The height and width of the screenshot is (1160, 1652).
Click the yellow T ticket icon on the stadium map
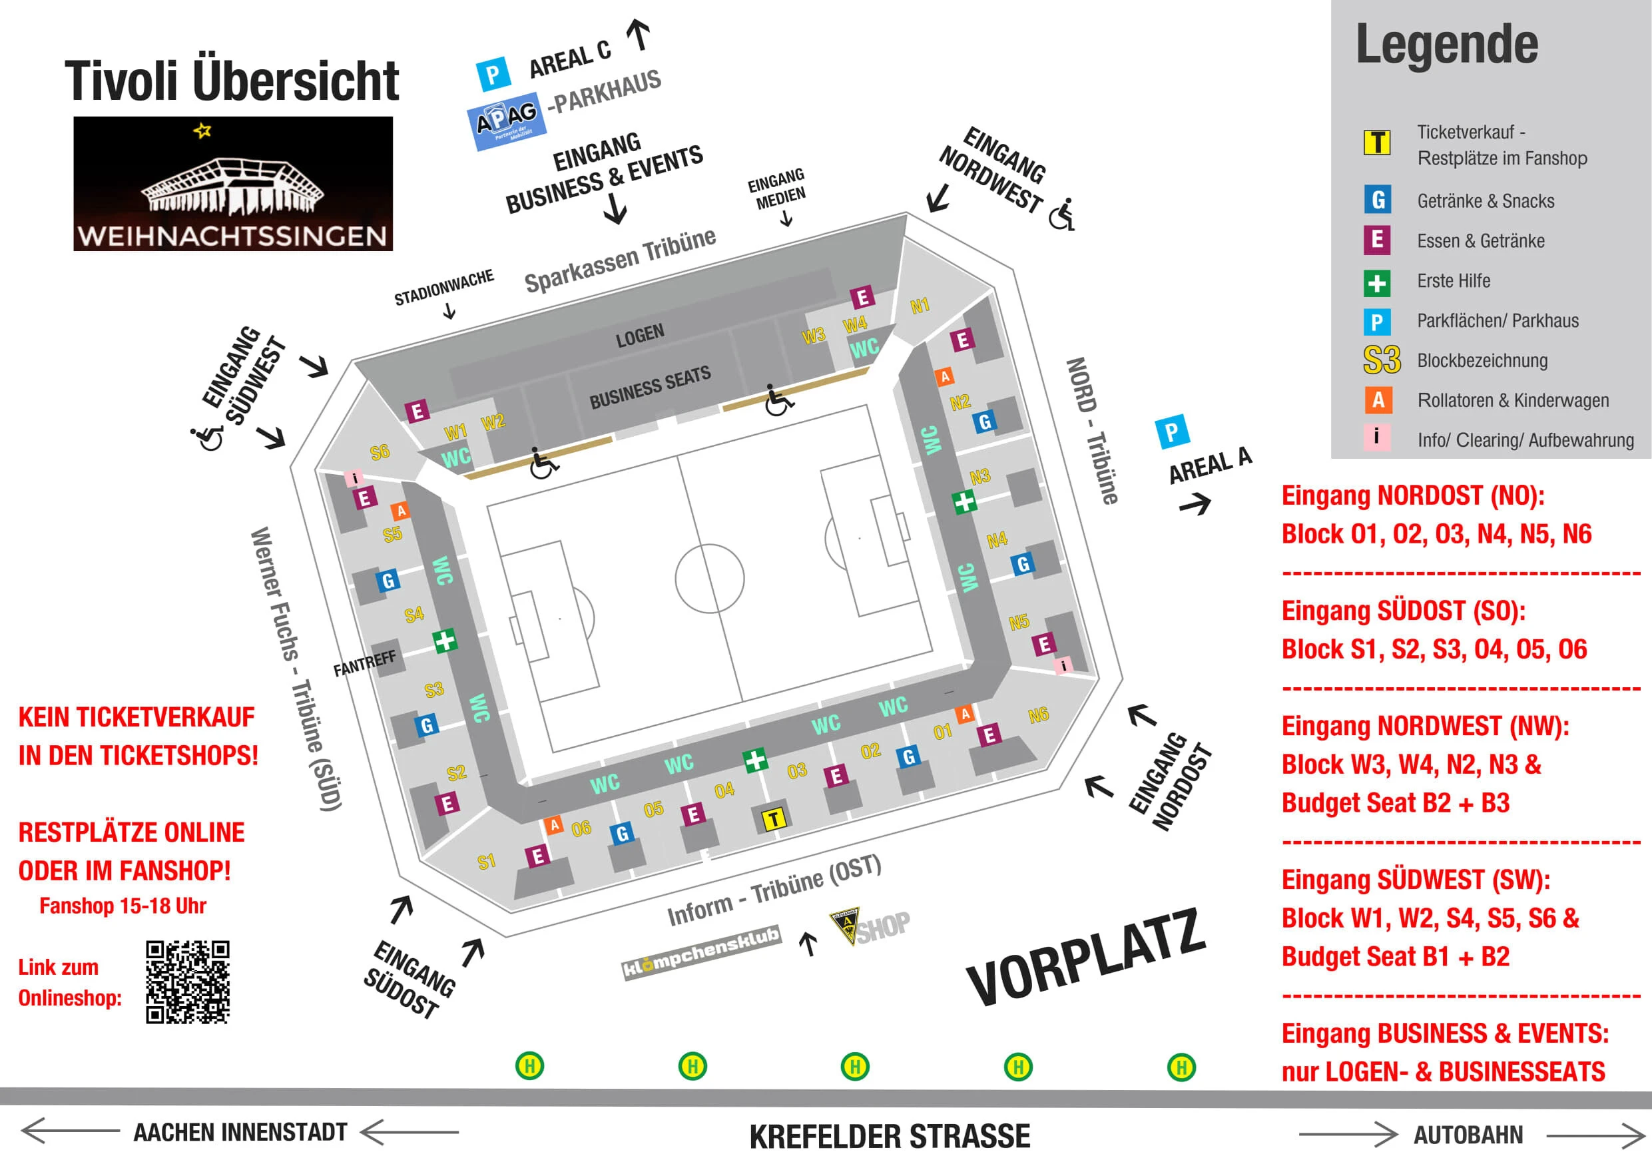tap(774, 819)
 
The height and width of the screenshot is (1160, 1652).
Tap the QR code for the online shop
tap(187, 982)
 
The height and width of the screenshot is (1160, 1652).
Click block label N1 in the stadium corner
tap(920, 306)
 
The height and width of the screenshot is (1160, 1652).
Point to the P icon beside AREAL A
tap(1171, 432)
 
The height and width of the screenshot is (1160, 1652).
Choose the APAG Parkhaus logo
tap(507, 120)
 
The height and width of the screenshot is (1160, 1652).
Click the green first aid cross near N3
tap(964, 501)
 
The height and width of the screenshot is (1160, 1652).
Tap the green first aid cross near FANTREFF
tap(445, 640)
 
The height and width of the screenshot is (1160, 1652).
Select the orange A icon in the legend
tap(1377, 400)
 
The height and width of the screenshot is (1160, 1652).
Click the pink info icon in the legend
tap(1376, 437)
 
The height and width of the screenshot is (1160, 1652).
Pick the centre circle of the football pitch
tap(709, 578)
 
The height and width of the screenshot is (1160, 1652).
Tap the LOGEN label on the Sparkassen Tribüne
tap(640, 336)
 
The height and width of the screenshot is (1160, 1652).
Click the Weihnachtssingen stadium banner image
tap(232, 184)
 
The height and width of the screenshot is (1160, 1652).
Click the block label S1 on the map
tap(486, 862)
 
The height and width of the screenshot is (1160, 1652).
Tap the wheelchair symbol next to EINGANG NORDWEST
tap(1062, 214)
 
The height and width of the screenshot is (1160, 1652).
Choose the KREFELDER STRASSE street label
tap(890, 1136)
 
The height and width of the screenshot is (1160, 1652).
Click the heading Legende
tap(1446, 45)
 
